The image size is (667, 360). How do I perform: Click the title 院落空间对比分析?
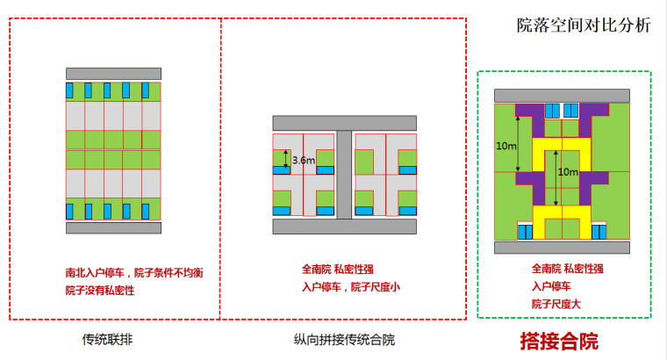tap(584, 25)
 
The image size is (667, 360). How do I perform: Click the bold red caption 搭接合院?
tap(559, 340)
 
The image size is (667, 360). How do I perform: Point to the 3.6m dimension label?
tap(304, 160)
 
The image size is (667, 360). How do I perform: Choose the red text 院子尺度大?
tap(556, 303)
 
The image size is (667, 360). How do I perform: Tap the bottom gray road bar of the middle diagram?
tap(343, 227)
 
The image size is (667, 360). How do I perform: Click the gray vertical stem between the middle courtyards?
tap(344, 171)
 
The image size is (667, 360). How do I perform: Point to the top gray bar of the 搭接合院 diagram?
tap(563, 95)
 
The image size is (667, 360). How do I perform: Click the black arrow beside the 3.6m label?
tap(285, 160)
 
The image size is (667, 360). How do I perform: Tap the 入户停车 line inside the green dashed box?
tap(551, 286)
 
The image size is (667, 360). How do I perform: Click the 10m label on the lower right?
tap(568, 171)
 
